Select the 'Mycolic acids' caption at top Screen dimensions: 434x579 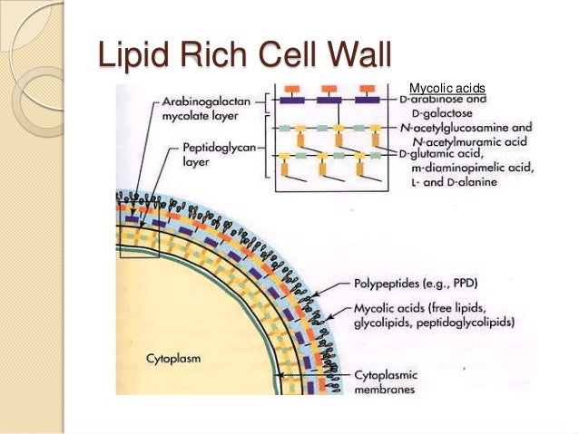click(x=447, y=87)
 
